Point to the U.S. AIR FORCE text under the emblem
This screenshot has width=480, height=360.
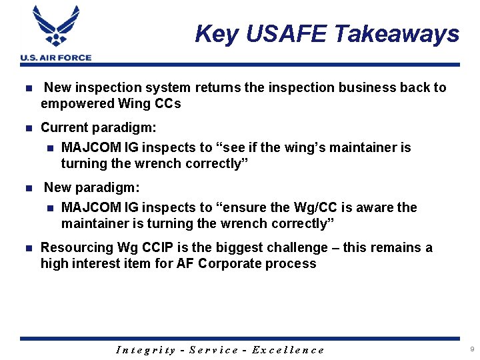pos(56,58)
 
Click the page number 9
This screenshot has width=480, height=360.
pos(472,349)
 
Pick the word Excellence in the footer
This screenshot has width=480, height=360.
pos(288,350)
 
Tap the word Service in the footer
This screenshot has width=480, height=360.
pos(214,350)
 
